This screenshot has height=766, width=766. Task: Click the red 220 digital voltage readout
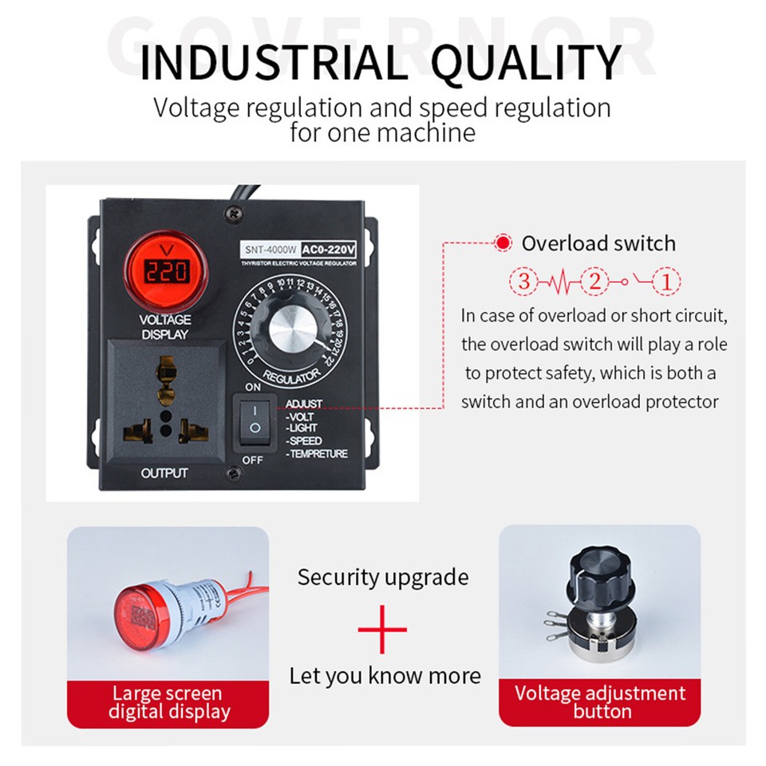[x=166, y=273]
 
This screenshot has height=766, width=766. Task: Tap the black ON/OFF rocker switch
[x=254, y=421]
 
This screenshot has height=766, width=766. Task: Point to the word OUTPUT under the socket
[x=164, y=473]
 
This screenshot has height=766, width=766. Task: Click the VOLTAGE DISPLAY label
[x=165, y=327]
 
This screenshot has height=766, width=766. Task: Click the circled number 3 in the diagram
[x=523, y=281]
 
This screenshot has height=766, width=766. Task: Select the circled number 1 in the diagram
[x=667, y=281]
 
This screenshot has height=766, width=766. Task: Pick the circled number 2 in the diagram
[x=594, y=281]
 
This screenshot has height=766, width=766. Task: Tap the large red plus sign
[x=382, y=629]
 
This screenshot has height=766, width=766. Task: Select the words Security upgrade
[x=383, y=577]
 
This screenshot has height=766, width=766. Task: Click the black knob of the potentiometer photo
[x=599, y=574]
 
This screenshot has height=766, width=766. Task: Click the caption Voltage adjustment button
[x=600, y=702]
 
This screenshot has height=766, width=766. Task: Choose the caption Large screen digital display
[x=168, y=702]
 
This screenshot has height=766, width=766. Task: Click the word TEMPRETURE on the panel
[x=317, y=454]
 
